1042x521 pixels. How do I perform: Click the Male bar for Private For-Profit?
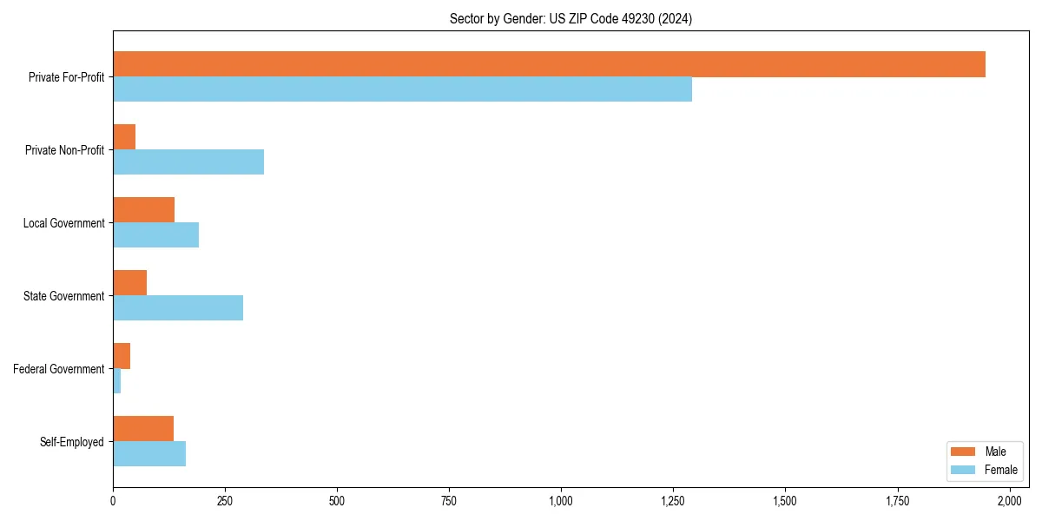549,64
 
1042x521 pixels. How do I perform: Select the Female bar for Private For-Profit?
402,89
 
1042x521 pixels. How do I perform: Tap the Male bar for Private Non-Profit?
124,137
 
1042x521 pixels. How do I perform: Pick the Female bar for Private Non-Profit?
188,162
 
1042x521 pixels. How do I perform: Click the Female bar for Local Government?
156,235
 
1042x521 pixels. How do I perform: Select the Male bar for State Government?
130,283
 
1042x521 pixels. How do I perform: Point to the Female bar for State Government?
178,308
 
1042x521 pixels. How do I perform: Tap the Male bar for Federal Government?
122,356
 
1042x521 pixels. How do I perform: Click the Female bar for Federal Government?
117,381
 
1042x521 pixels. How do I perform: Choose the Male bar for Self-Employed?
143,429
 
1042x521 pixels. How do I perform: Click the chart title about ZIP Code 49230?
570,18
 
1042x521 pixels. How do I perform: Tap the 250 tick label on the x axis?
225,501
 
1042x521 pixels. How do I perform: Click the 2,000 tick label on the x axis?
1009,501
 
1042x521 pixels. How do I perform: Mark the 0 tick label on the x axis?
113,501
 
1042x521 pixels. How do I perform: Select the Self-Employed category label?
72,442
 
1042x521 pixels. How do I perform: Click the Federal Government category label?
59,369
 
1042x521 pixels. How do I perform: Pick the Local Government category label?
64,223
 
